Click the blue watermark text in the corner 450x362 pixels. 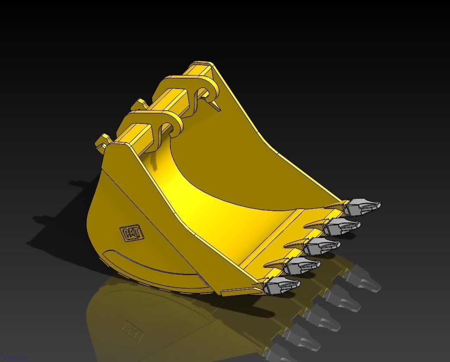(13, 359)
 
